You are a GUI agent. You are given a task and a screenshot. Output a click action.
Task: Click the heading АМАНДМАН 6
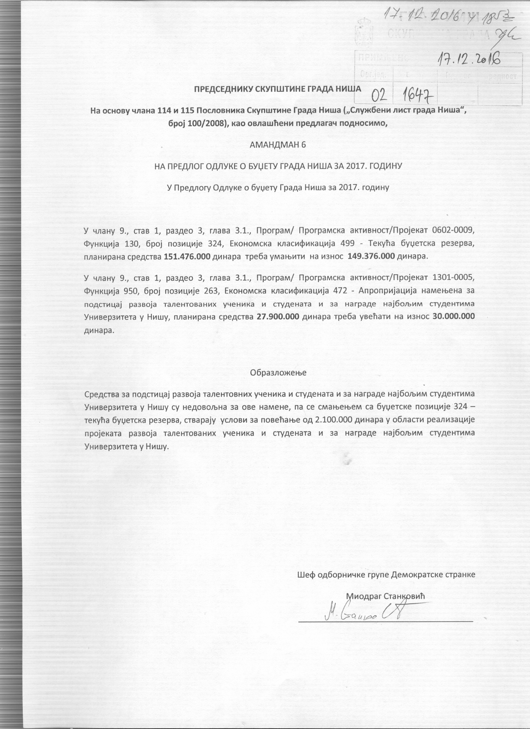[278, 145]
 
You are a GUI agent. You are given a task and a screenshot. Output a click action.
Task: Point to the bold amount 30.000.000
[453, 316]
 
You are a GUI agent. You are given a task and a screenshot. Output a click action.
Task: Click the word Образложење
[278, 373]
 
